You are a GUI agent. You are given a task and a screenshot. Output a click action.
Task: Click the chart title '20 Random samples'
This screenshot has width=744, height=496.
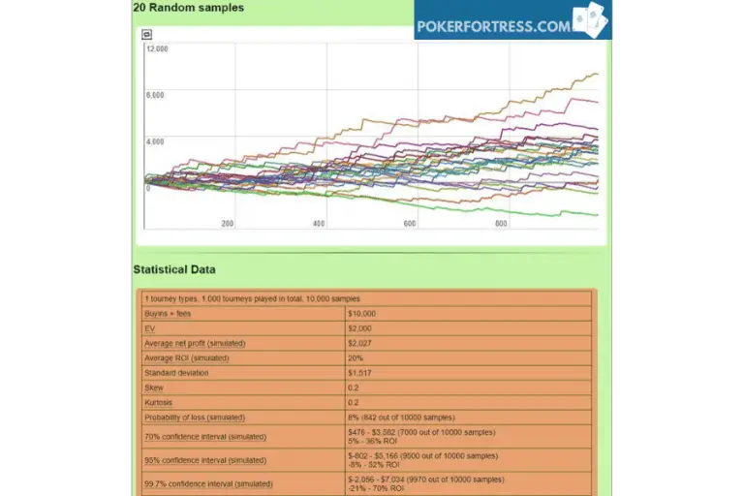[x=189, y=8]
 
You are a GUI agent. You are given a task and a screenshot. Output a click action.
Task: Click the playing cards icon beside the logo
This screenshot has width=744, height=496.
[x=589, y=20]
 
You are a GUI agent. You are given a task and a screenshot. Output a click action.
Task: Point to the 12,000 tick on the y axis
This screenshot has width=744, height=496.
[x=156, y=48]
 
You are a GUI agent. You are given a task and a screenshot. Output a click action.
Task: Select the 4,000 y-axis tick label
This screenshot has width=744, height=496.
[x=156, y=141]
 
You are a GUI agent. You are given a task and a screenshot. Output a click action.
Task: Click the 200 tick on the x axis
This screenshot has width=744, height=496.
[x=228, y=224]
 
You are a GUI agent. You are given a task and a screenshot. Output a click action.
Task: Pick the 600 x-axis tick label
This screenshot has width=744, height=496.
[x=409, y=224]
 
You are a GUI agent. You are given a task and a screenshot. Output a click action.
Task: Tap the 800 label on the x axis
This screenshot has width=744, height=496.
[x=500, y=224]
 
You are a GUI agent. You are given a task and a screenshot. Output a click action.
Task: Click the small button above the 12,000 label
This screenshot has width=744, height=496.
[x=146, y=34]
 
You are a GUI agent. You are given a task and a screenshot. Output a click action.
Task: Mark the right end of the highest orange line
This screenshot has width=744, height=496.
[x=597, y=75]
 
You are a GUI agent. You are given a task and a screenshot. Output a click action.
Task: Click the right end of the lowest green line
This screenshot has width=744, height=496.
[x=597, y=215]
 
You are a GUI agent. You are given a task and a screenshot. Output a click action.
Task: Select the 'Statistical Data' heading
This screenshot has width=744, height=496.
[x=174, y=269]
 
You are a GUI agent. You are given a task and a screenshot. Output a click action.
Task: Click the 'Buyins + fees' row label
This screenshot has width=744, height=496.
[x=168, y=314]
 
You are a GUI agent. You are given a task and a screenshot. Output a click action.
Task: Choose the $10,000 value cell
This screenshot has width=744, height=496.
[x=362, y=314]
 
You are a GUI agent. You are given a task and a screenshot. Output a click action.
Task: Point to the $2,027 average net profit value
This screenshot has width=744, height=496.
[x=360, y=343]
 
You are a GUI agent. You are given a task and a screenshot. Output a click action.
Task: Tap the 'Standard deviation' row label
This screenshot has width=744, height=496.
[x=176, y=373]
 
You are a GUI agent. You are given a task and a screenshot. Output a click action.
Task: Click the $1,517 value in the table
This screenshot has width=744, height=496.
[x=360, y=373]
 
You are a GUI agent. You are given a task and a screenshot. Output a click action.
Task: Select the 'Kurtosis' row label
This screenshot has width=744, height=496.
[x=159, y=402]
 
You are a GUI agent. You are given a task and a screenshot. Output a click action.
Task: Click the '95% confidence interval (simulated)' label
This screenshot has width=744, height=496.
[x=204, y=460]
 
